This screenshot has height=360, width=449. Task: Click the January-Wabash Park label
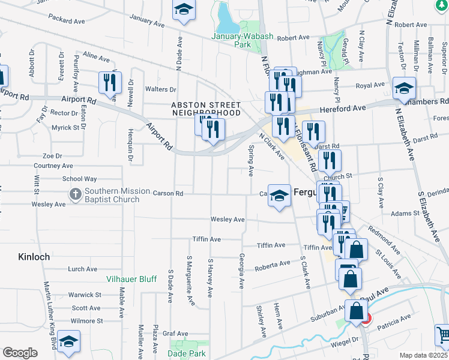243,40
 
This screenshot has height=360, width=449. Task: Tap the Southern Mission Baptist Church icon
75,194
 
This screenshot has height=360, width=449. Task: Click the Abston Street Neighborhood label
206,109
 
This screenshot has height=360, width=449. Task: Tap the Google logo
20,353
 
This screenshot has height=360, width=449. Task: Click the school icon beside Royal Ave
404,88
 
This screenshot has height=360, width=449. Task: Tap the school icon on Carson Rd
279,196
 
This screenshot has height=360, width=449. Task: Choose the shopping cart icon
443,334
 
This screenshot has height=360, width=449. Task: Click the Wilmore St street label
83,321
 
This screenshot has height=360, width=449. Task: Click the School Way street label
79,179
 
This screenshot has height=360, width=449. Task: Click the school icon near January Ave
184,10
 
